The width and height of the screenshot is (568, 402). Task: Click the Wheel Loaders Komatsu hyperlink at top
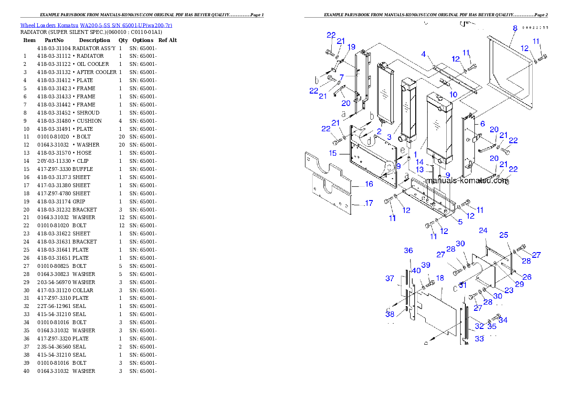click(x=96, y=25)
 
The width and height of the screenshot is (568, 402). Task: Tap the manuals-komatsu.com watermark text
click(x=467, y=181)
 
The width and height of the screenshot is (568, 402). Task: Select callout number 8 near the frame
click(x=515, y=28)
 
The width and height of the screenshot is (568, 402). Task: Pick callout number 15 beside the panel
click(x=333, y=153)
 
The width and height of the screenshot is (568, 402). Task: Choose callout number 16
click(x=369, y=184)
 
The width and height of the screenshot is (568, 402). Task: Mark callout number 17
click(x=368, y=203)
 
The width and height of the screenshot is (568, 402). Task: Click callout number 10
click(x=453, y=95)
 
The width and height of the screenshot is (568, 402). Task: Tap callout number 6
click(x=483, y=124)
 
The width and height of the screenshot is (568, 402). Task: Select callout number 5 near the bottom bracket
click(x=460, y=222)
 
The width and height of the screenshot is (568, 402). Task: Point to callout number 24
click(x=483, y=231)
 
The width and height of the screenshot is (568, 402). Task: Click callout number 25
click(x=504, y=235)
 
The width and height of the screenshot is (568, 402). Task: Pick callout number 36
click(x=408, y=251)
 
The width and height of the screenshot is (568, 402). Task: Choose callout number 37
click(x=390, y=278)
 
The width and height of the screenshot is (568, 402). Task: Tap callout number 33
click(x=479, y=339)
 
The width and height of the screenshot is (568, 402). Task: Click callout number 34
click(x=503, y=320)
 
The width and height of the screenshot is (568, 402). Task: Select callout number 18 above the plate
click(x=440, y=278)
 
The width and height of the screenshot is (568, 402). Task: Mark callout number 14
click(x=420, y=162)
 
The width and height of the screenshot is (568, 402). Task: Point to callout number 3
click(x=389, y=137)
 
